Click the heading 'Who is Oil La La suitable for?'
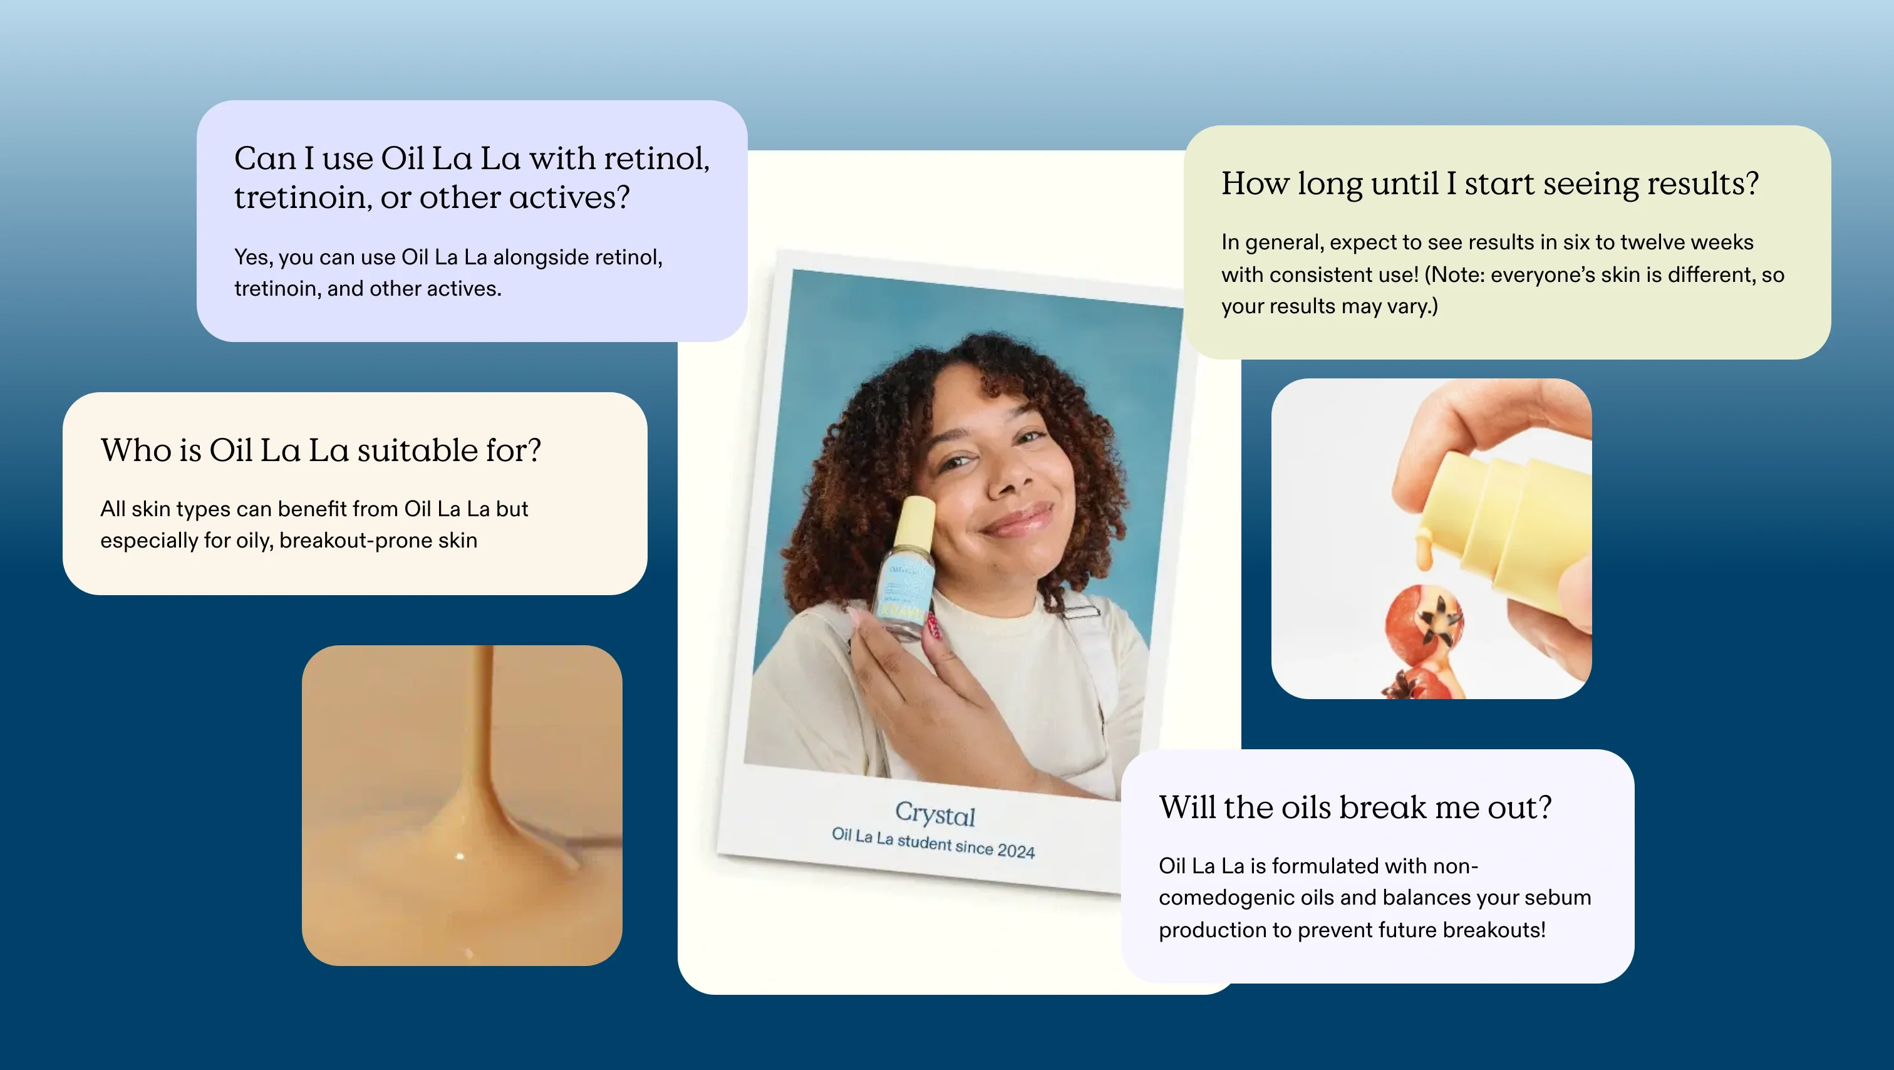click(321, 450)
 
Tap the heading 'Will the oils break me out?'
click(1355, 807)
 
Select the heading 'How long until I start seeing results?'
click(1489, 184)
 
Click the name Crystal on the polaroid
click(935, 813)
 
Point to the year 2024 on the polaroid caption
click(1016, 850)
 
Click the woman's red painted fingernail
click(934, 626)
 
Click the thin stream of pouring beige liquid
click(482, 720)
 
